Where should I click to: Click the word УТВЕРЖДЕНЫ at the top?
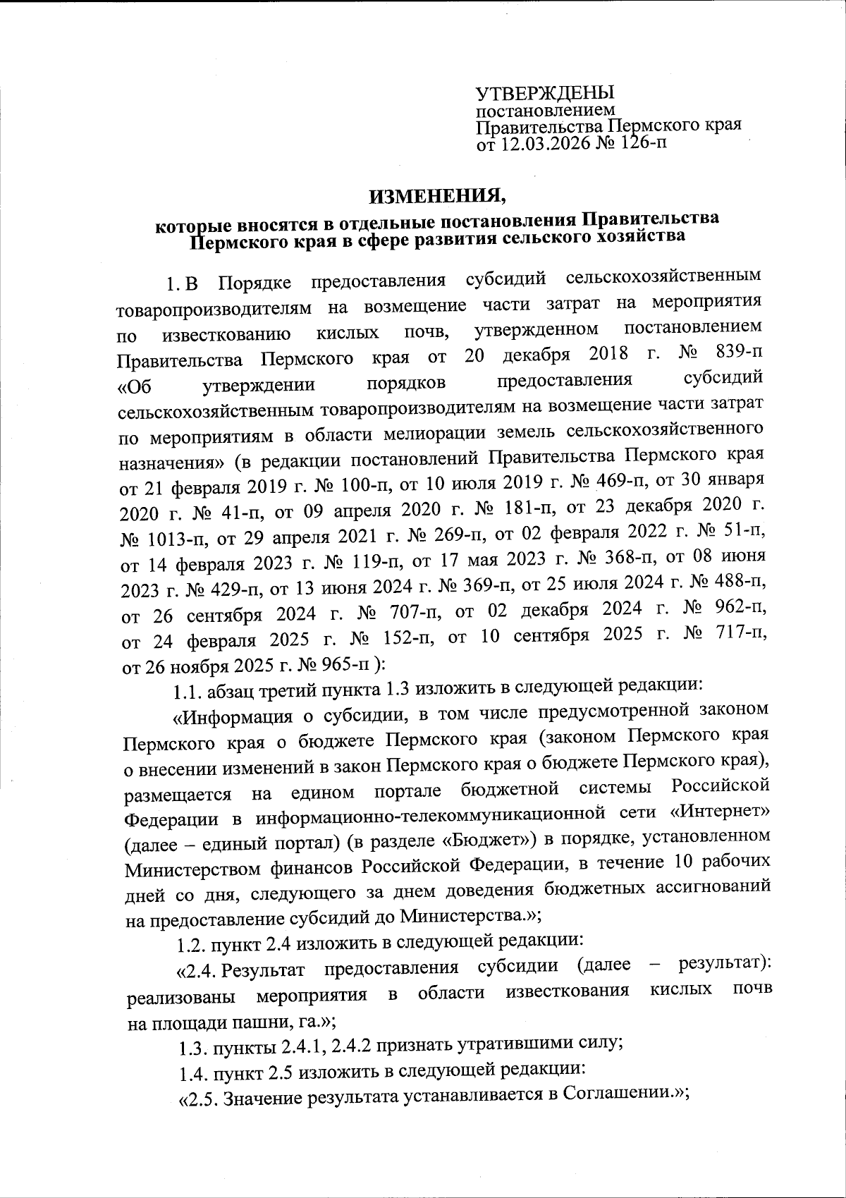pos(545,93)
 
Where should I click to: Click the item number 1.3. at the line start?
pos(192,1046)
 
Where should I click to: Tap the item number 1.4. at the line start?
pos(193,1072)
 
